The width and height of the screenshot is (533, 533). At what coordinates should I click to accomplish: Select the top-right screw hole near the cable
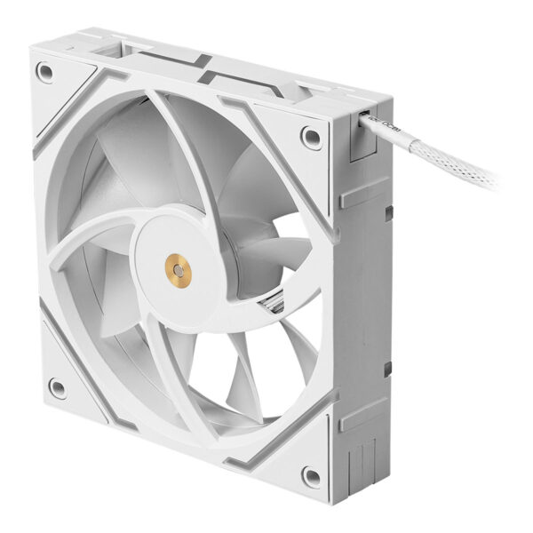coord(311,136)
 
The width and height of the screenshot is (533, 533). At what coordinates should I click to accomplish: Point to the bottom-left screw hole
coord(56,387)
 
